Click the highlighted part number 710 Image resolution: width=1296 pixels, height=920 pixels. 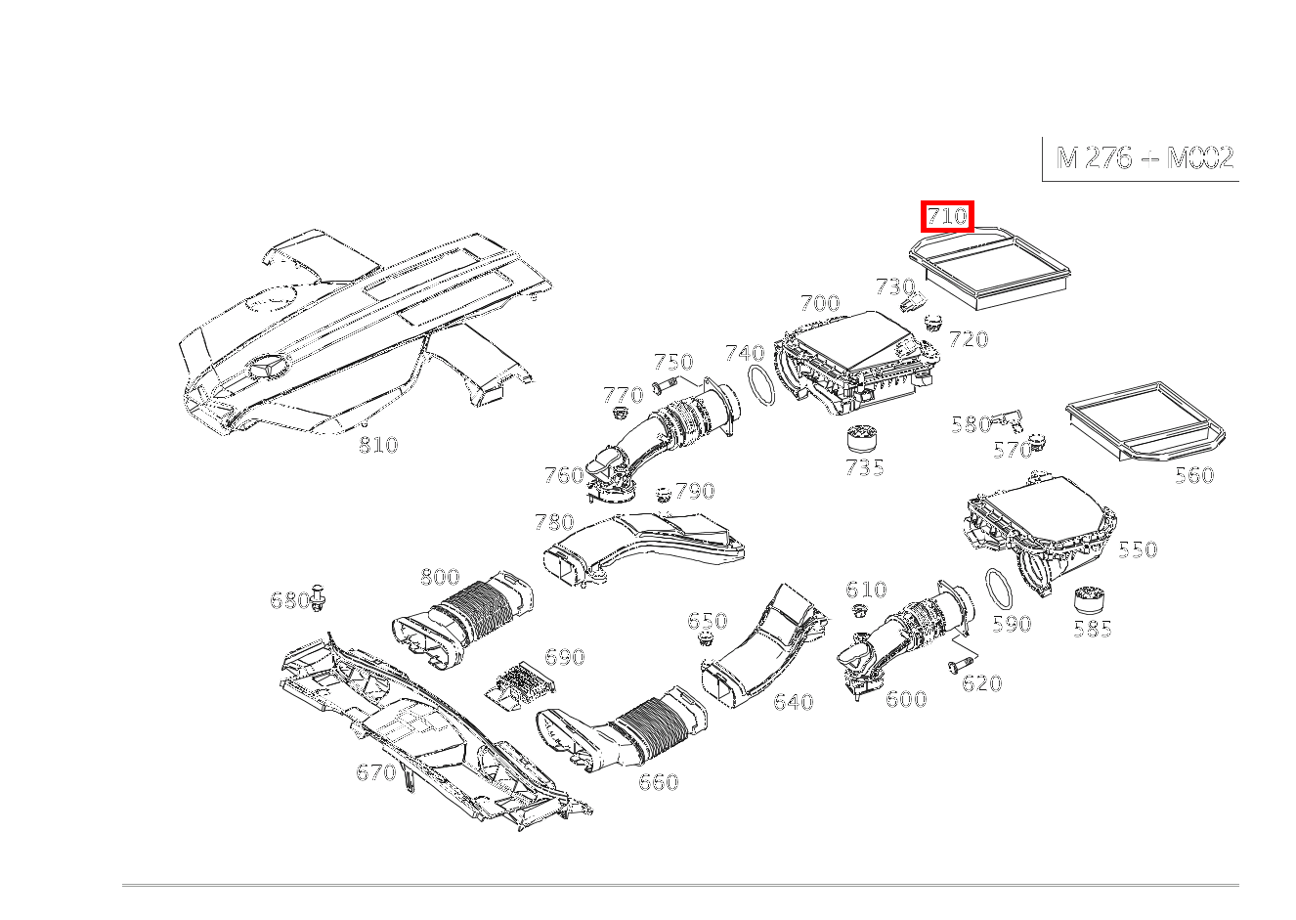click(x=947, y=216)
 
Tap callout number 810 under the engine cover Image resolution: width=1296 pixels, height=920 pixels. click(x=378, y=445)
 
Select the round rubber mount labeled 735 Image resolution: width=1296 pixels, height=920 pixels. click(x=862, y=438)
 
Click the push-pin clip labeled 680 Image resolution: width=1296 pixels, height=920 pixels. click(x=319, y=597)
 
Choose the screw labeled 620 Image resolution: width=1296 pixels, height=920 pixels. click(x=956, y=664)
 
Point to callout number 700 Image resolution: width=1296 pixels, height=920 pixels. click(x=819, y=303)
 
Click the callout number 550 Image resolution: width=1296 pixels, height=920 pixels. click(x=1138, y=549)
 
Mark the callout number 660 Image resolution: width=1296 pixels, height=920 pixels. click(x=658, y=782)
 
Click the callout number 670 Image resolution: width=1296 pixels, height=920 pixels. click(x=375, y=772)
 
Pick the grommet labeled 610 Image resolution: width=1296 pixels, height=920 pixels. click(x=860, y=611)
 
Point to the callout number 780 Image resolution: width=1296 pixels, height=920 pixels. click(x=554, y=521)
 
